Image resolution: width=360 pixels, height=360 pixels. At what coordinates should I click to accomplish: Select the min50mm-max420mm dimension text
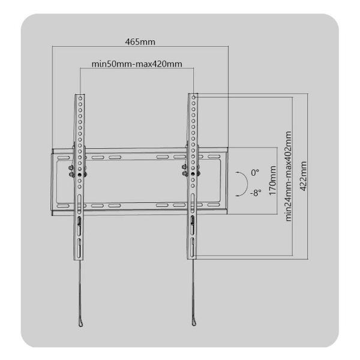click(137, 63)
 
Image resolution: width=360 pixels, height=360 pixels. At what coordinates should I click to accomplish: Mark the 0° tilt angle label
click(254, 173)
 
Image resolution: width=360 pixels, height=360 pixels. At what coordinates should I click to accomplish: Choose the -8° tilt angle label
click(255, 193)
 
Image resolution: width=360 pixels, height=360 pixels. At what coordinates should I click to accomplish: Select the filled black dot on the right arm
click(193, 175)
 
